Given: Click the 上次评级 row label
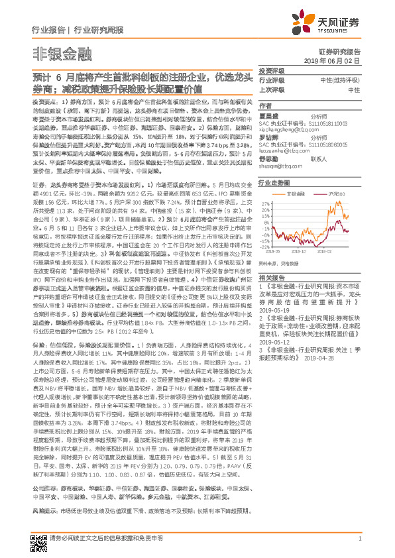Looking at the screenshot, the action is (x=270, y=89).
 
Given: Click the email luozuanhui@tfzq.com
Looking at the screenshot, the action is (x=284, y=150).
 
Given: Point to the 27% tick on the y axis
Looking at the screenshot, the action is (x=264, y=203).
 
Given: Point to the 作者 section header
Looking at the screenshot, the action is (x=266, y=105).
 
